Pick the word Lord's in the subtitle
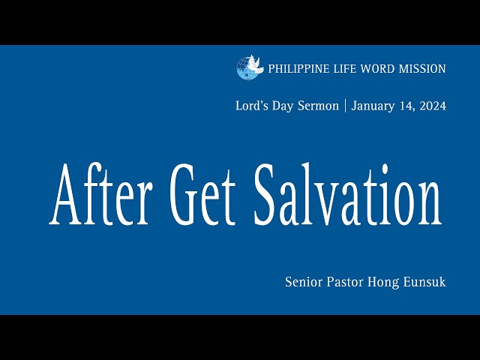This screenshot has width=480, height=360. [251, 106]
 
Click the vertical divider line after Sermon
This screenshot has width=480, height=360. [345, 106]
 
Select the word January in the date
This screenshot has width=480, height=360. [376, 106]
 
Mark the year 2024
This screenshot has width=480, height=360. [433, 106]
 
